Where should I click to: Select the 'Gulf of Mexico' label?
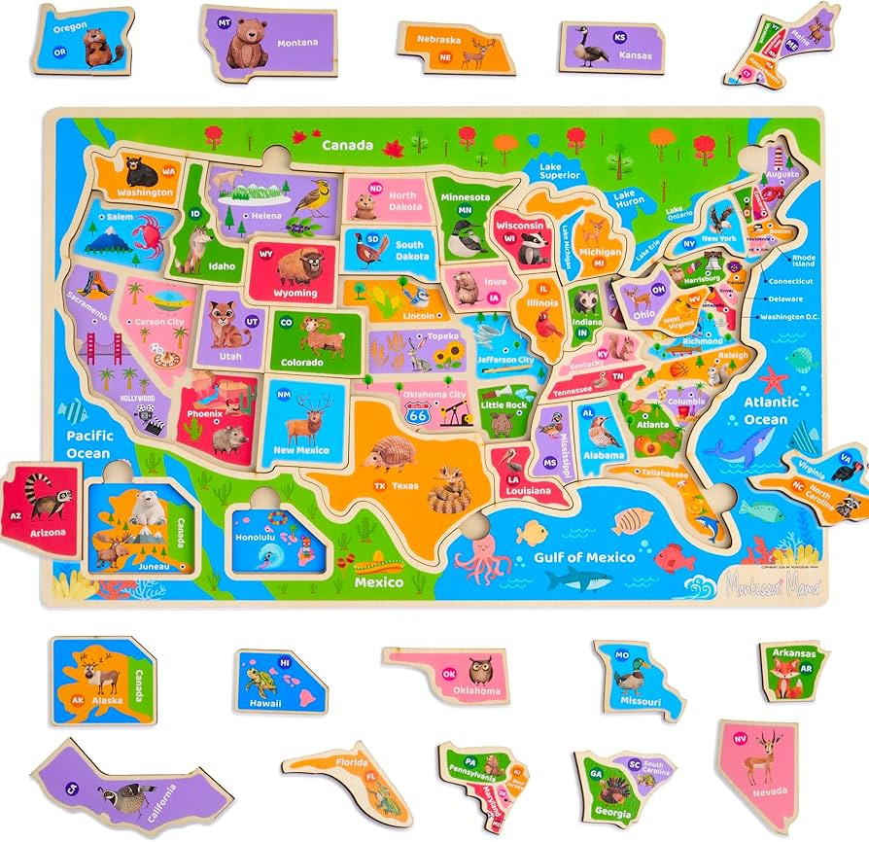[583, 557]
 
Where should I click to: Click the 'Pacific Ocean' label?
[89, 444]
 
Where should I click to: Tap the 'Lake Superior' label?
[564, 172]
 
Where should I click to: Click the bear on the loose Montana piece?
[247, 43]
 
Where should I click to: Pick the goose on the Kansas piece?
[591, 48]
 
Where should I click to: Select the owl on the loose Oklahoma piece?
[480, 671]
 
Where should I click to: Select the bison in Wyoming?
[300, 265]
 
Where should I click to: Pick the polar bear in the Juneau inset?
[147, 507]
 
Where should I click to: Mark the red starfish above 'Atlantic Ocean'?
[774, 378]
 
